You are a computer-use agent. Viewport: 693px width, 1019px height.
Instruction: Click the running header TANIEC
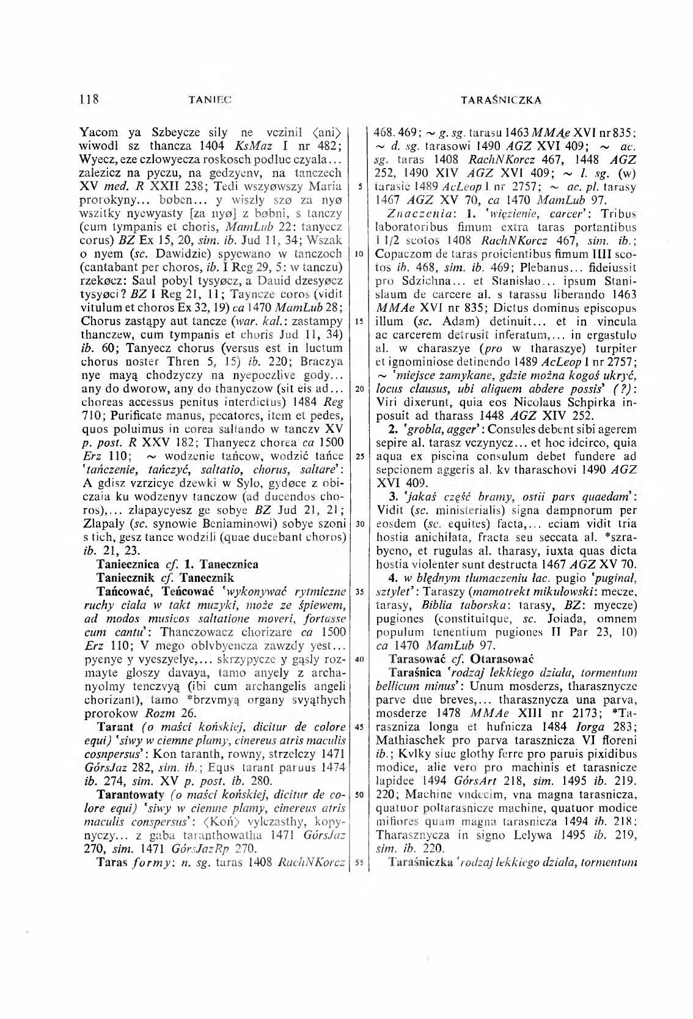212,99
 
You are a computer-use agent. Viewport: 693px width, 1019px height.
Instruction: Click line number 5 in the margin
362,186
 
